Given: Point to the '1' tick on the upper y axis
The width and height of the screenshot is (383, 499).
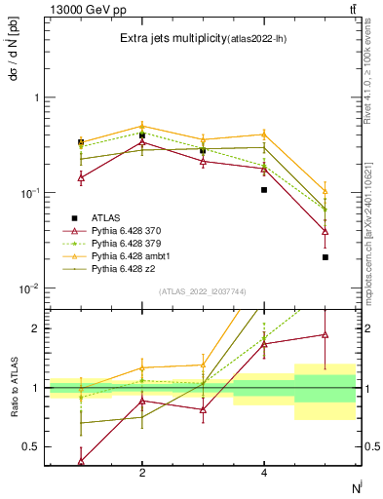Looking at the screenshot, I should point(36,97).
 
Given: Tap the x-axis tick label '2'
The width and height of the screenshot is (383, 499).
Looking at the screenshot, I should point(142,473).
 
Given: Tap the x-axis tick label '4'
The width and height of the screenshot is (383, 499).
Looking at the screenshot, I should point(264,473).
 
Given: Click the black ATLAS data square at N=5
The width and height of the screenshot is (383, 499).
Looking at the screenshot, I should point(326,257).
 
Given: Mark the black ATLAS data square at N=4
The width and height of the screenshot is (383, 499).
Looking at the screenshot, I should point(264,190).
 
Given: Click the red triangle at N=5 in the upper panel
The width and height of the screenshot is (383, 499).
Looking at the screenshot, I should point(326,232).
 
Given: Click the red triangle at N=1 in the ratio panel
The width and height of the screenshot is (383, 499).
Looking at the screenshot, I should point(81,460).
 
